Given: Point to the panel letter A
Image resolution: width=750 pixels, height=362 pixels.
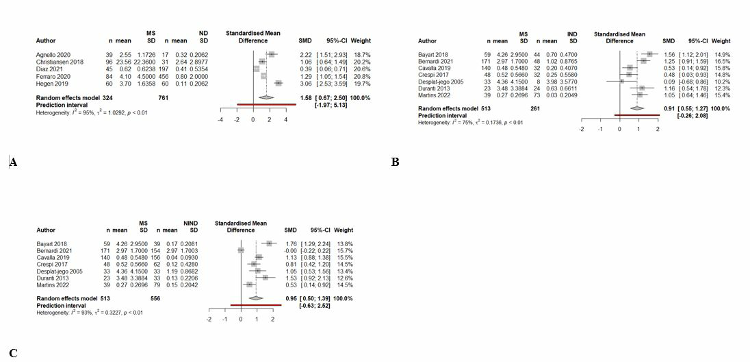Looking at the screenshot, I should click(x=12, y=162).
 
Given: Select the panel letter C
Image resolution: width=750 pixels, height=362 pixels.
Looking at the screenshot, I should click(x=12, y=354).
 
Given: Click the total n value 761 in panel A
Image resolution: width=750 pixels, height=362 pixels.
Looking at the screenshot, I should click(x=164, y=98).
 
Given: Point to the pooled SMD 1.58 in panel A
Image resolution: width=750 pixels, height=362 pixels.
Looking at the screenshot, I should click(x=305, y=98).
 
